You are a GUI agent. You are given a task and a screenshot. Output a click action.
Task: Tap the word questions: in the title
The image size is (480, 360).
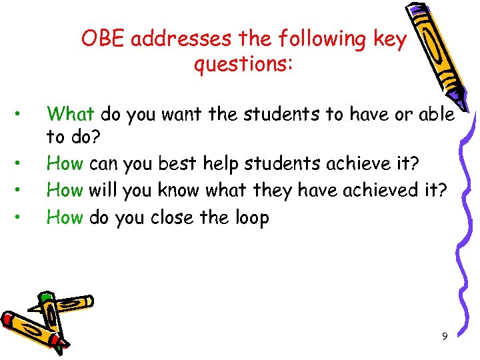[244, 65]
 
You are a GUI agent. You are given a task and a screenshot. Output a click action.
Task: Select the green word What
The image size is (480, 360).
[71, 114]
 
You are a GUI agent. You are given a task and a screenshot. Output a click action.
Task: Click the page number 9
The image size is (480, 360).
[445, 336]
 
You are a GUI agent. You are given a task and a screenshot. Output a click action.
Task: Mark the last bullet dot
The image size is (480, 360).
[23, 215]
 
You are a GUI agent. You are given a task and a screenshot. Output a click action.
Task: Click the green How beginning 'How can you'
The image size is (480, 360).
[65, 162]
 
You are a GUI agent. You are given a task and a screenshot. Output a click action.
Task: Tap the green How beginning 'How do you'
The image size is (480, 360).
[65, 218]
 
